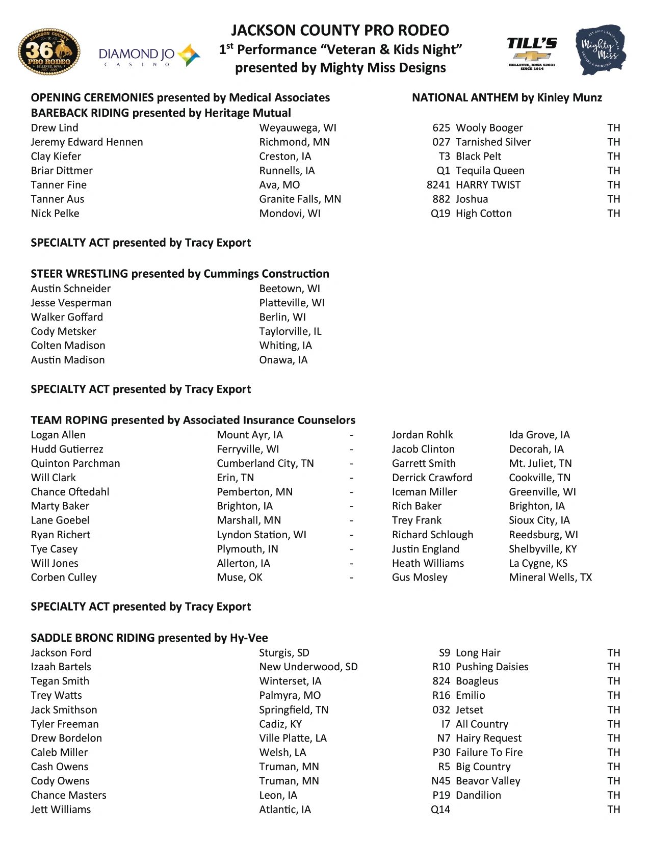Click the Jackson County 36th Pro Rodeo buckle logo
pos(49,51)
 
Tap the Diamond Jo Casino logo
pos(149,55)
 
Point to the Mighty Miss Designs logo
pos(601,50)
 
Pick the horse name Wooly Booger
pos(489,128)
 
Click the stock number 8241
pos(438,185)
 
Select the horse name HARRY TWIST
pos(488,185)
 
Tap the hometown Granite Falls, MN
pos(300,199)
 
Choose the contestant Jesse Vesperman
pos(71,303)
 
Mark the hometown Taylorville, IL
pos(290,331)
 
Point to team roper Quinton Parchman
pos(75,463)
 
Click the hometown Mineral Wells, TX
pos(550,577)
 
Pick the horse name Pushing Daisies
pos(491,667)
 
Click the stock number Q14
pos(440,809)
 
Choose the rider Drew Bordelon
pos(66,738)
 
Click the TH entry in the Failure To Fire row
pos(613,752)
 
